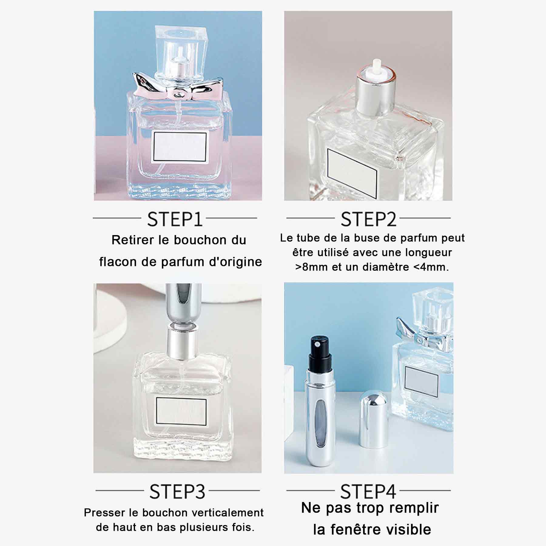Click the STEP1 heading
(x=175, y=219)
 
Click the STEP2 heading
(x=368, y=219)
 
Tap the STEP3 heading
(x=177, y=491)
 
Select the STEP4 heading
(x=368, y=491)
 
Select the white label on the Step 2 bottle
(x=352, y=173)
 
